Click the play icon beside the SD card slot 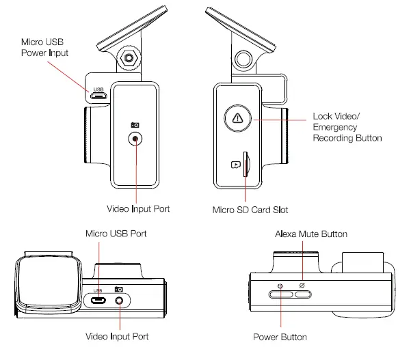click(235, 164)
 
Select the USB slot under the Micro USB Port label click(99, 299)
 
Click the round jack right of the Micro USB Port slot click(120, 299)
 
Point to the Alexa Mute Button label click(310, 234)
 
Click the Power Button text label click(280, 337)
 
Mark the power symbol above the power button click(280, 285)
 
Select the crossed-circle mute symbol click(300, 284)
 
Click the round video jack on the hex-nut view click(135, 139)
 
